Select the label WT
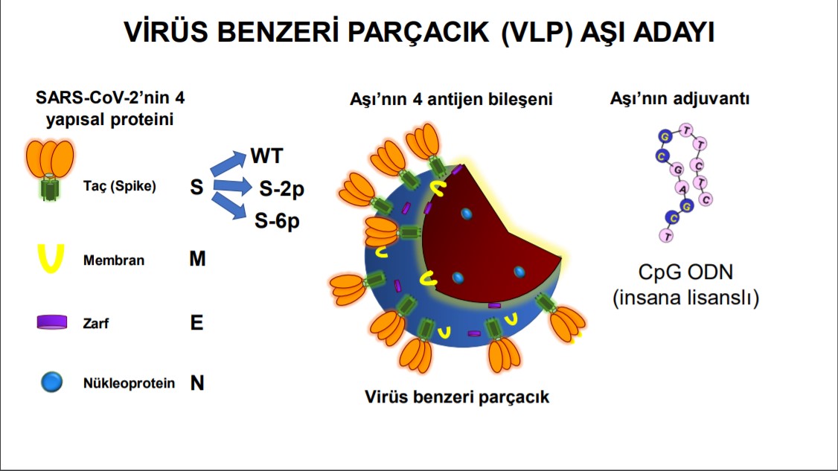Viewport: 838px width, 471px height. (x=266, y=156)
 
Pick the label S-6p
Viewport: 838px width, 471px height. (x=278, y=220)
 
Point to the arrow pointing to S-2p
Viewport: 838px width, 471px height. (x=232, y=185)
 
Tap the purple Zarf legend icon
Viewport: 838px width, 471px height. (x=53, y=322)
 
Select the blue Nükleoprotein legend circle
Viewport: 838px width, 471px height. (x=51, y=383)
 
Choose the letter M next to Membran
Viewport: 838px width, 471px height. (x=197, y=260)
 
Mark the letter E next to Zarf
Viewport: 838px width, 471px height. (x=196, y=322)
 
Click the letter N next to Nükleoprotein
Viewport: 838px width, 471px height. (x=197, y=383)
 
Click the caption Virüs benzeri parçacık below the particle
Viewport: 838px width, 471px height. (x=457, y=396)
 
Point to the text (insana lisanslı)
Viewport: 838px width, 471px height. (x=685, y=298)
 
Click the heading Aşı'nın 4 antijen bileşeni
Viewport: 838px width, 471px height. (x=450, y=98)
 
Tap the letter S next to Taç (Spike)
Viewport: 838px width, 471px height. (x=196, y=187)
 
